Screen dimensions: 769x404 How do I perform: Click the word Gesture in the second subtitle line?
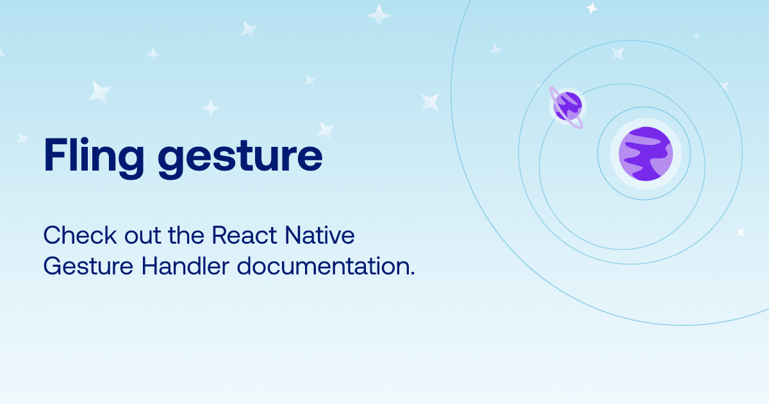click(x=88, y=266)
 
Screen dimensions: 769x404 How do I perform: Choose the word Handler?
click(x=185, y=265)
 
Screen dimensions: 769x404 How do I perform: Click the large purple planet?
click(x=645, y=154)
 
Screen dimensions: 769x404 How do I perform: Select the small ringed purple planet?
click(x=568, y=106)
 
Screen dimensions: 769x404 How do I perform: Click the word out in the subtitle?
click(x=143, y=236)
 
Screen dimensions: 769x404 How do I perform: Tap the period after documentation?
click(x=413, y=273)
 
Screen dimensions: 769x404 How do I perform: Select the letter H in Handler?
click(x=150, y=266)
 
